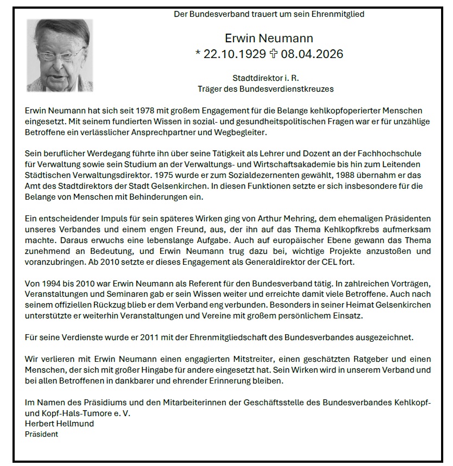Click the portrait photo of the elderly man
(60, 55)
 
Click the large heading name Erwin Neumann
(269, 38)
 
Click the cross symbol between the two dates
(273, 54)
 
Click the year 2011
(150, 337)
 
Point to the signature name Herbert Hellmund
(59, 424)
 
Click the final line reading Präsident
(41, 434)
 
